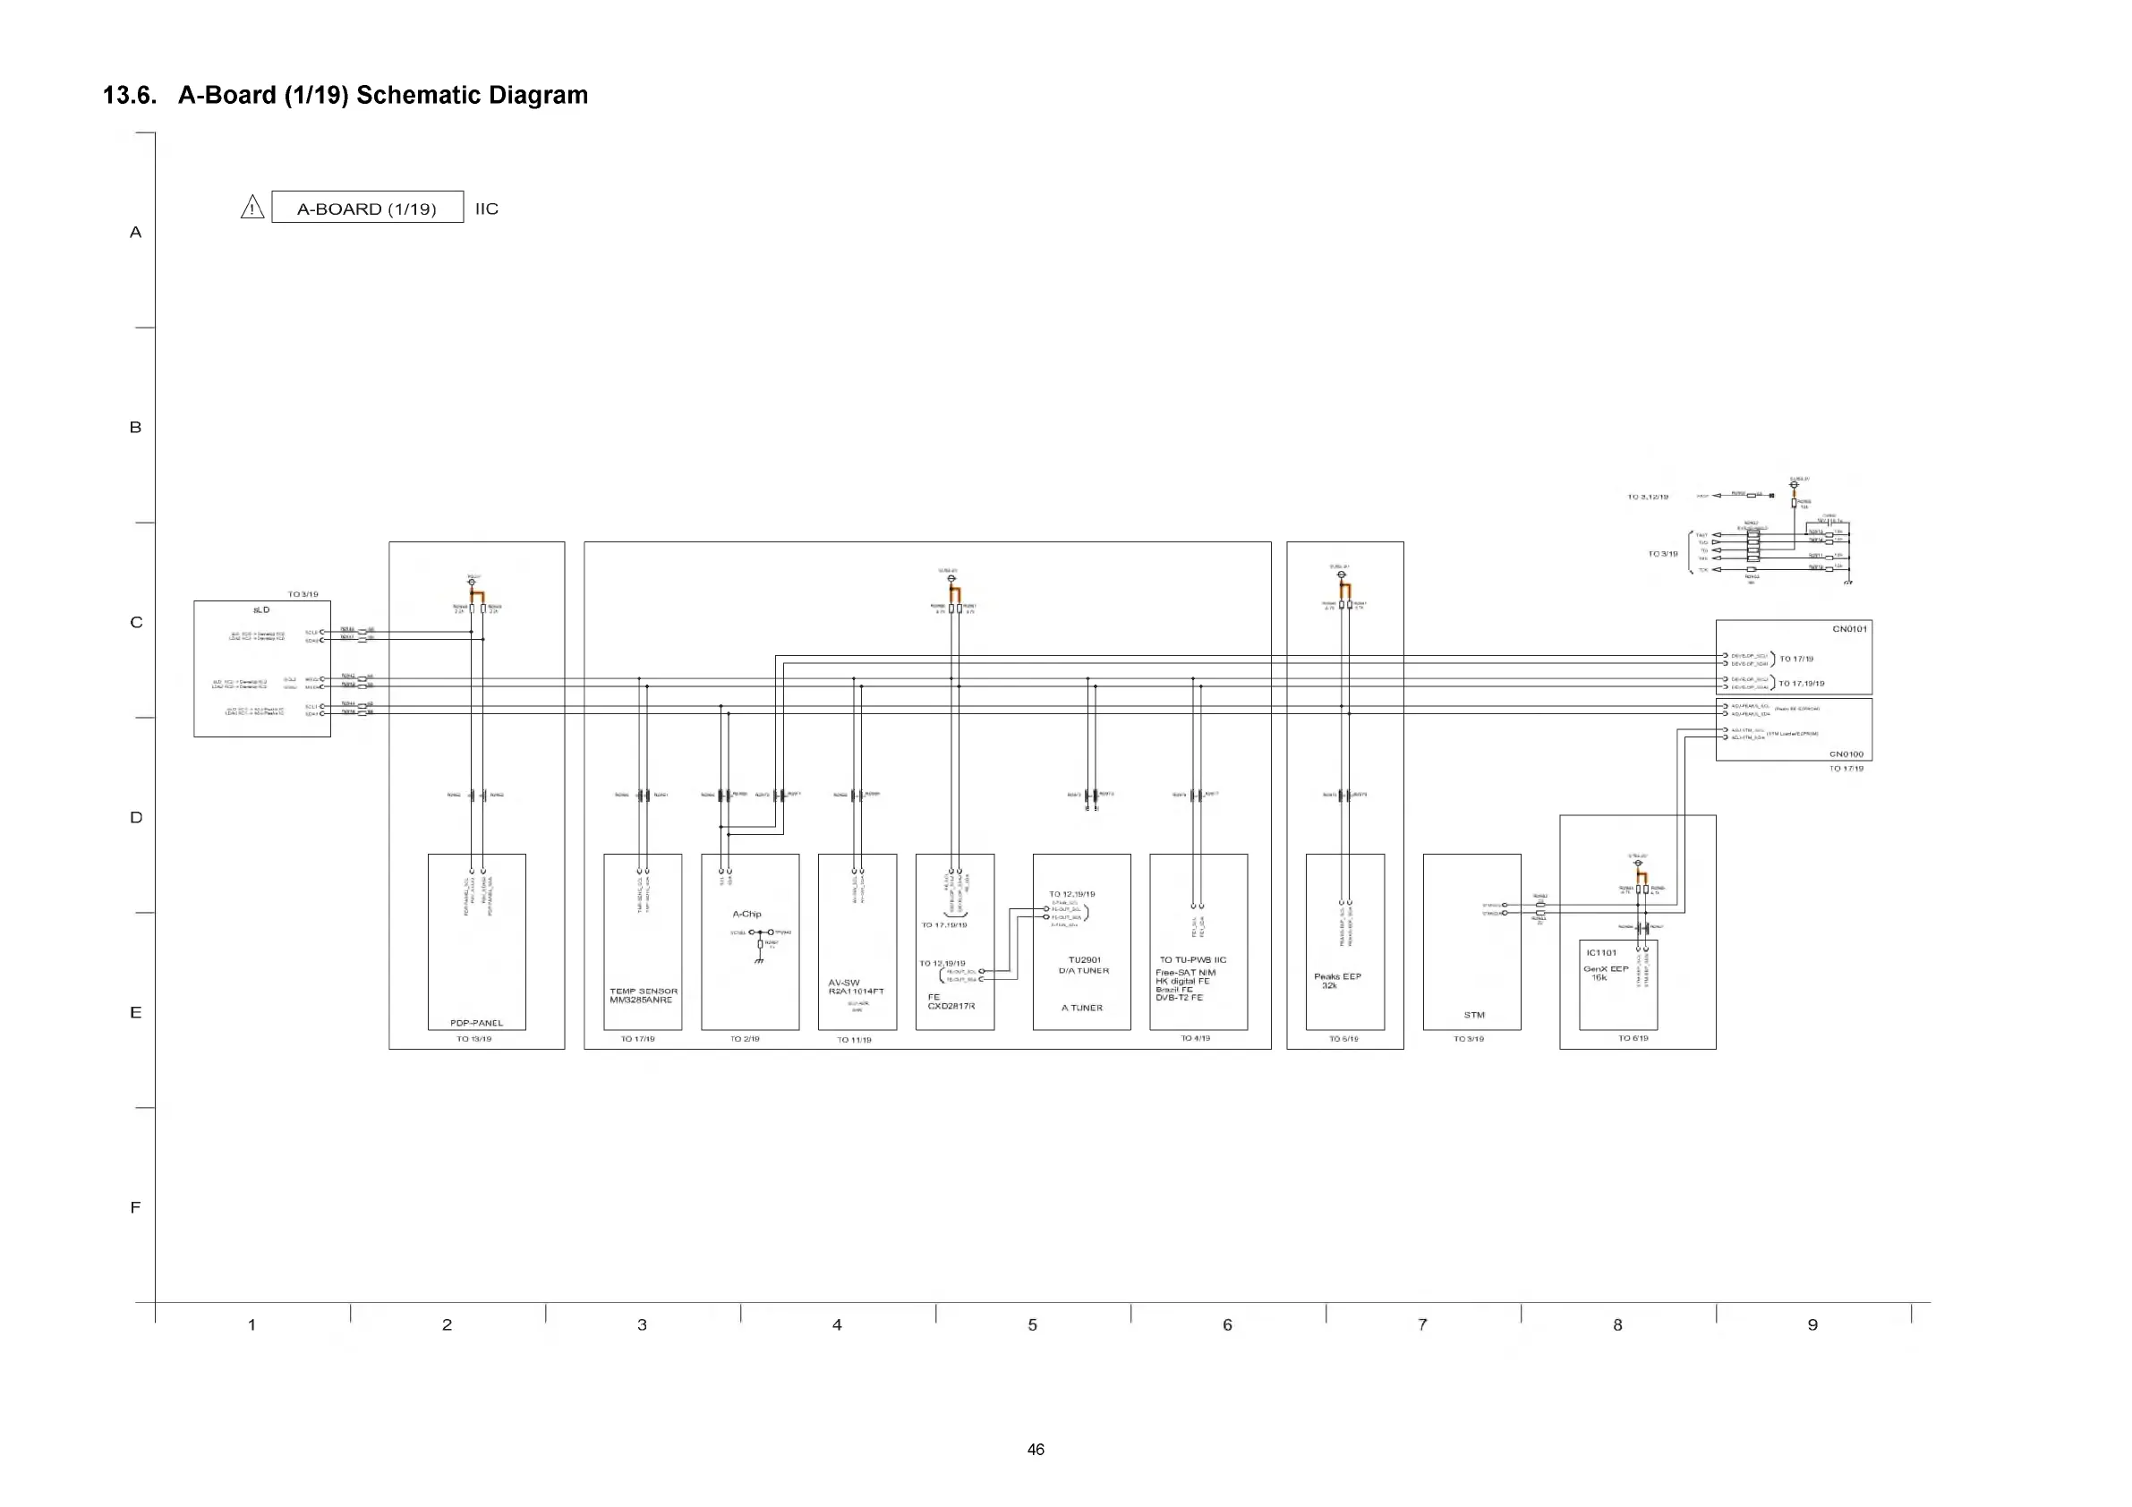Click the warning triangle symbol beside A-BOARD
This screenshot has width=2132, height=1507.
(252, 207)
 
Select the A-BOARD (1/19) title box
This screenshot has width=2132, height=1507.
(367, 207)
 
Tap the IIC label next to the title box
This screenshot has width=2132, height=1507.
(487, 209)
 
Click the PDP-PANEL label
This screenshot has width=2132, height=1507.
(476, 1022)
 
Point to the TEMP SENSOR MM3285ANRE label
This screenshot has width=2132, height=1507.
(643, 995)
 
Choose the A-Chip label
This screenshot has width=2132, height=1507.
(746, 914)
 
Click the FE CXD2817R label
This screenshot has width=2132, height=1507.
(951, 1001)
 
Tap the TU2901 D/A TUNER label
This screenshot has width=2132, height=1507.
(1084, 965)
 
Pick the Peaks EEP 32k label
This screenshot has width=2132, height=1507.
(1337, 981)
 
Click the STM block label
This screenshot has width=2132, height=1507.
(1473, 1015)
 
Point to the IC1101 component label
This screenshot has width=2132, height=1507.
(1601, 953)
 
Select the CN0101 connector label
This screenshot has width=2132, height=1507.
(1849, 628)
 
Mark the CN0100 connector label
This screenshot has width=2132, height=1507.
(1846, 754)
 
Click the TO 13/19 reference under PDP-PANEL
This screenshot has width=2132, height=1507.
(473, 1039)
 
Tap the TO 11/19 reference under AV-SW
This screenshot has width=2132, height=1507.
(854, 1040)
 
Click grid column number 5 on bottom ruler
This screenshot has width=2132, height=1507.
(1033, 1325)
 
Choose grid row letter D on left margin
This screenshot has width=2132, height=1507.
(135, 817)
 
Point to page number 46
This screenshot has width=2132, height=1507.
(1036, 1450)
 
